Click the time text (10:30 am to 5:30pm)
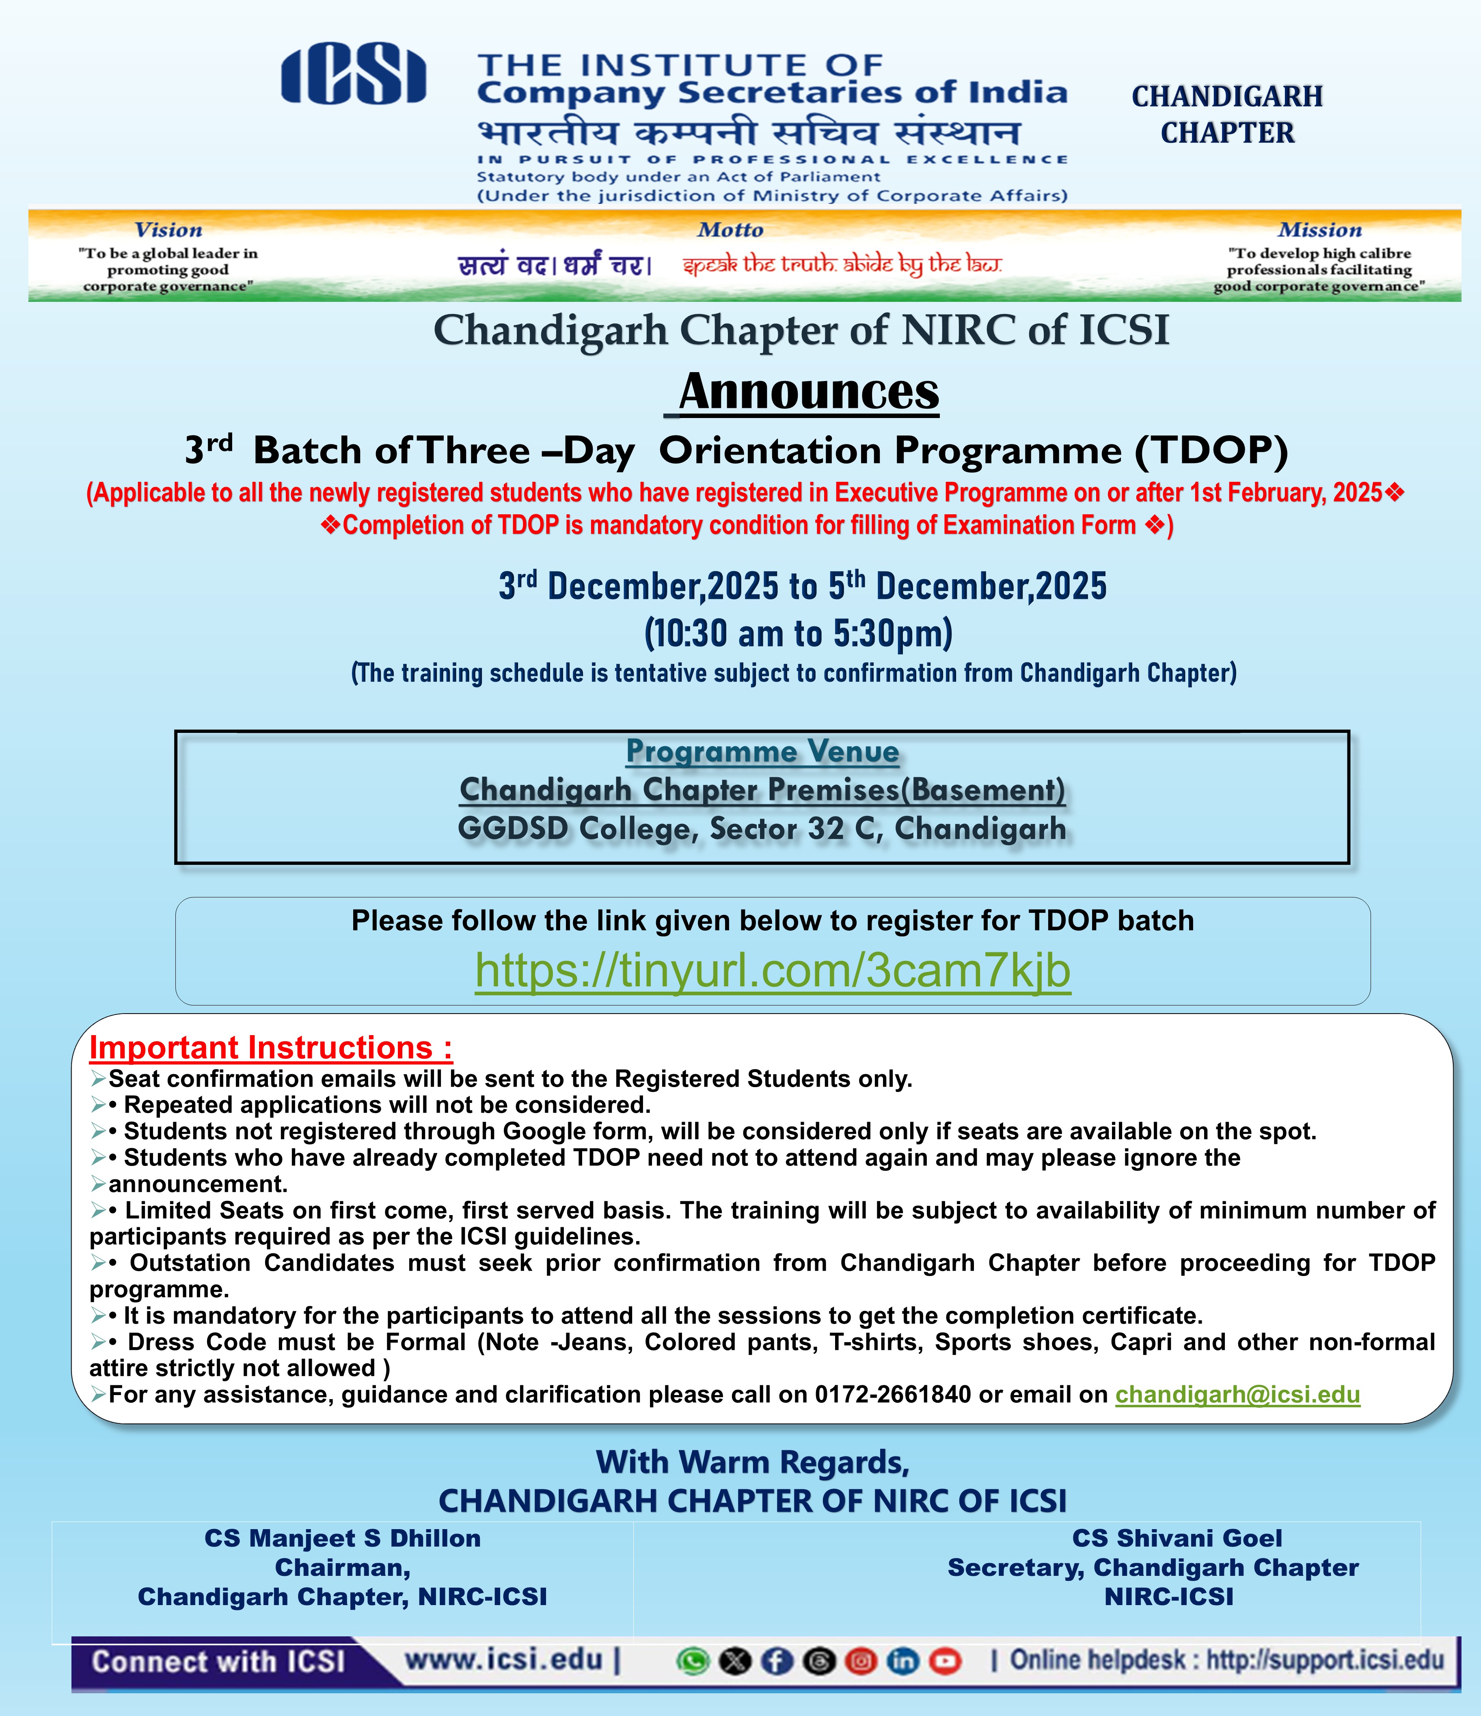tap(798, 634)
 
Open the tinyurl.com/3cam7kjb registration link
tap(773, 971)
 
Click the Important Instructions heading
tap(271, 1048)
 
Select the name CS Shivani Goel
tap(1177, 1538)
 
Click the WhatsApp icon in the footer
tap(692, 1661)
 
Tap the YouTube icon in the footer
tap(945, 1661)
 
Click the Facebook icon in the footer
tap(777, 1661)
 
